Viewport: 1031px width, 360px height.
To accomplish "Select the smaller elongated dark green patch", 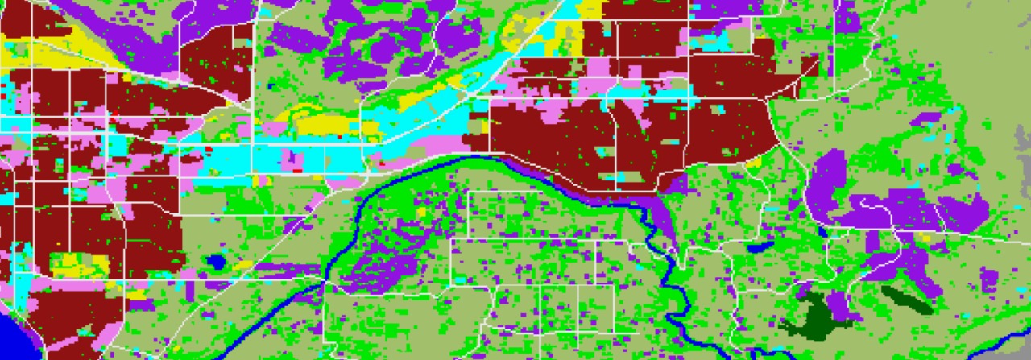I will (906, 297).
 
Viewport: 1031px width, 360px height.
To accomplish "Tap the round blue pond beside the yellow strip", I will (215, 262).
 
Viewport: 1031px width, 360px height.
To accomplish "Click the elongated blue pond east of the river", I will (760, 246).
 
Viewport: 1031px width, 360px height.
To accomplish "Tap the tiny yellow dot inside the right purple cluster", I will (924, 238).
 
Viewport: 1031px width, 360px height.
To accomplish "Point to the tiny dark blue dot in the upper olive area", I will (271, 86).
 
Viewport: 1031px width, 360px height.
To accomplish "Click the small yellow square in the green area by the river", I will (420, 212).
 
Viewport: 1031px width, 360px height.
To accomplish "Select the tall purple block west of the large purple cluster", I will (828, 185).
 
